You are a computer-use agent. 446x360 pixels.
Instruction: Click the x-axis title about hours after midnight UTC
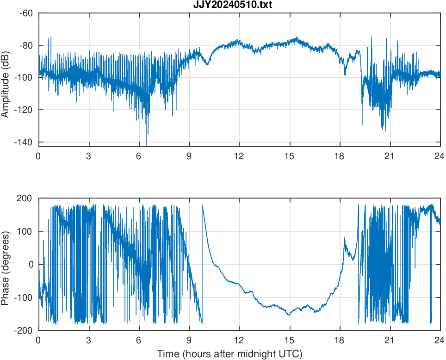coord(229,354)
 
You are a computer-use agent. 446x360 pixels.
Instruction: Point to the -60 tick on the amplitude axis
coord(26,13)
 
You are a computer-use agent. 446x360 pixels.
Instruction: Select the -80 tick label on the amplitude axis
coord(26,45)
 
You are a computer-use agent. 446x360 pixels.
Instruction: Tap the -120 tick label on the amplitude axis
coord(24,110)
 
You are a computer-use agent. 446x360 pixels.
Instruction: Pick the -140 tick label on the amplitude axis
coord(24,142)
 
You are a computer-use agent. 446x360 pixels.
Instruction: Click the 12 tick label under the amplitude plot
coord(239,156)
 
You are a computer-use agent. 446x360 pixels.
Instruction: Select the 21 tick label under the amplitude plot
coord(390,156)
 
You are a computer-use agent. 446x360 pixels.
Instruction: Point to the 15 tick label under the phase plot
coord(290,340)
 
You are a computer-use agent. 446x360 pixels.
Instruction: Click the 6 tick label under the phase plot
coord(139,340)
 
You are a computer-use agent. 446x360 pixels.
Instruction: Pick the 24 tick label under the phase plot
coord(440,340)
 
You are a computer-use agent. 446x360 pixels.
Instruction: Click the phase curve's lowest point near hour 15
coord(289,315)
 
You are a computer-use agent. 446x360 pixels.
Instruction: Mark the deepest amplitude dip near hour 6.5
coord(147,145)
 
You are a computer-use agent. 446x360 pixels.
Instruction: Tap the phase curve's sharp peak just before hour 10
coord(202,205)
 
